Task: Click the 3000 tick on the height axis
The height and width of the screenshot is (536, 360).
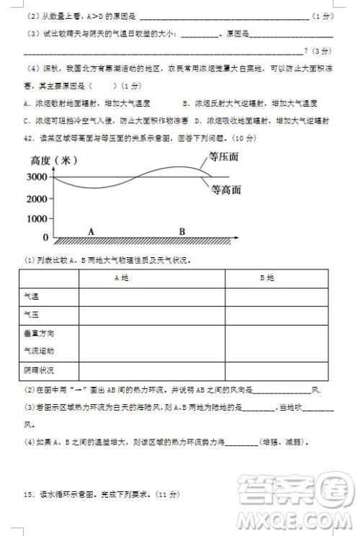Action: click(x=37, y=177)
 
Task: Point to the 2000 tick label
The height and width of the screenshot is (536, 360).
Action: click(x=37, y=197)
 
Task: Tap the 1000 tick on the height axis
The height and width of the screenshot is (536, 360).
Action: click(x=37, y=217)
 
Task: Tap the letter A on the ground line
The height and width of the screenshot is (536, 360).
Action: click(x=91, y=231)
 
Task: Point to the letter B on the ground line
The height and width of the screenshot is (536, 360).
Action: click(x=182, y=231)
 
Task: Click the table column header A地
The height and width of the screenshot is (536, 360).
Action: click(x=122, y=277)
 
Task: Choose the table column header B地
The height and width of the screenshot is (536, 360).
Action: click(x=267, y=277)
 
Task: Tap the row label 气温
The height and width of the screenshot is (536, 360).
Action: click(x=32, y=296)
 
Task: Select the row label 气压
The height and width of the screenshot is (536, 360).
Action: click(x=32, y=315)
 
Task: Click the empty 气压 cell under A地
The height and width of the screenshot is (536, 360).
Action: click(x=151, y=315)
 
